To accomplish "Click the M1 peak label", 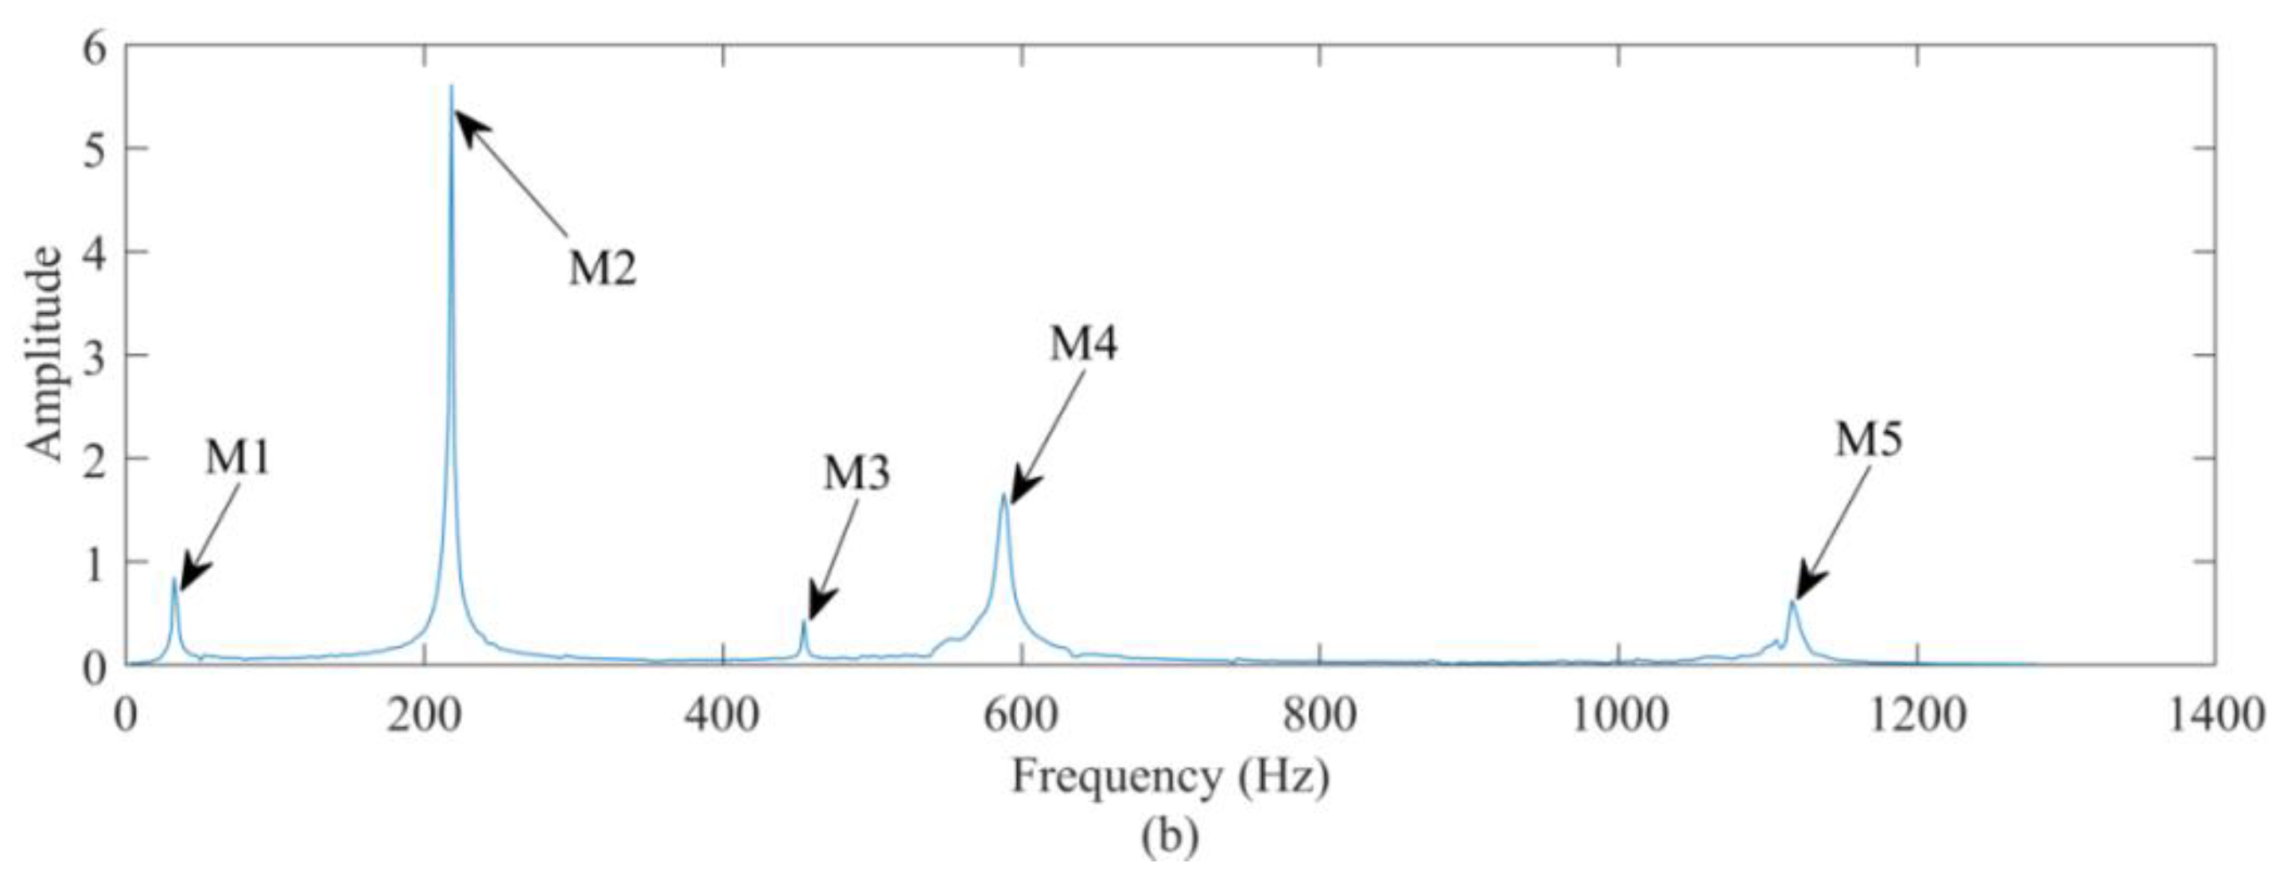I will tap(238, 458).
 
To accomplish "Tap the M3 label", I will tap(856, 474).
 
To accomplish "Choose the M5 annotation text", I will tap(1869, 441).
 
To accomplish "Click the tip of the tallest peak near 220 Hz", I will tap(452, 87).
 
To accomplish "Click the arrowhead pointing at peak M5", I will tap(1804, 590).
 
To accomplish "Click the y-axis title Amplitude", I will tap(45, 354).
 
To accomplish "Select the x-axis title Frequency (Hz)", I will tap(1170, 776).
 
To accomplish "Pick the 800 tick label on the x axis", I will tap(1319, 716).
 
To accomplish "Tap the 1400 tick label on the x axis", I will tap(2215, 716).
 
